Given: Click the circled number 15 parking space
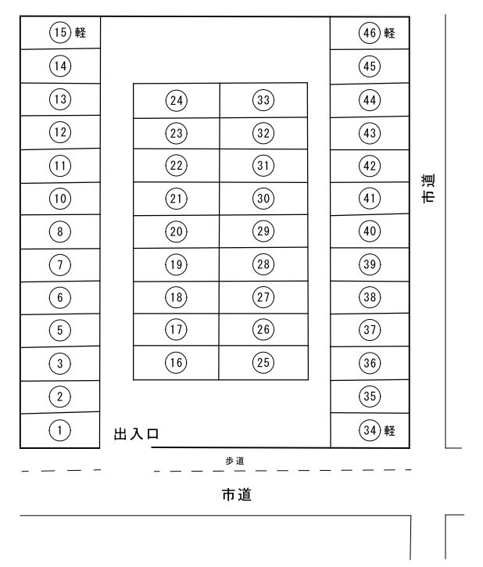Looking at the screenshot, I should point(60,33).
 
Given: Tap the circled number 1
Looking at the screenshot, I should point(60,429).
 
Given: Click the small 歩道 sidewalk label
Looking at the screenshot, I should point(234,461).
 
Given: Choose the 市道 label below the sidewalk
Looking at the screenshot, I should point(236,495).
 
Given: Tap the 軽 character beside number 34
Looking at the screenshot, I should point(390,430).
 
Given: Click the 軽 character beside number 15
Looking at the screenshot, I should point(80,33).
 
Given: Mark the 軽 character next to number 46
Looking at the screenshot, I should point(390,33).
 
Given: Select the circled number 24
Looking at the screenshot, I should point(177,100).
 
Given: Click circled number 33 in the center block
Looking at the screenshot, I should point(263,100).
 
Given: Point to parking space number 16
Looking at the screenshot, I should point(177,362).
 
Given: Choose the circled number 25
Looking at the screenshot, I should point(263,362).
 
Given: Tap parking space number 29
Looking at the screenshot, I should point(263,231).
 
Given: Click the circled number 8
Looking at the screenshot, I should point(60,231).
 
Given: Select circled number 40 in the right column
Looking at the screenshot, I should point(370,231).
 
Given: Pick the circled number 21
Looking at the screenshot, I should point(177,199).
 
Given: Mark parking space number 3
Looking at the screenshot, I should point(60,363).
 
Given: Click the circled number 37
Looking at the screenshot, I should point(370,330).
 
